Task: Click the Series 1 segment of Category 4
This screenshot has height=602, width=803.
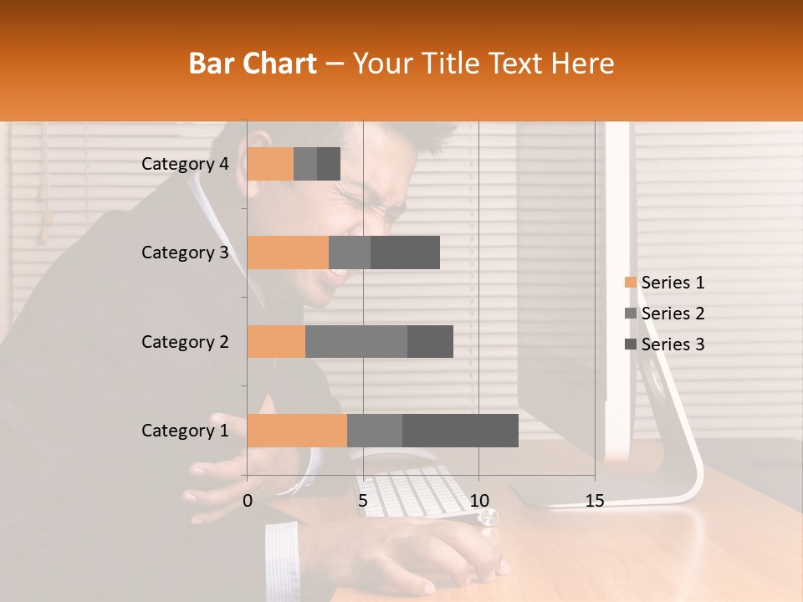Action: (x=270, y=164)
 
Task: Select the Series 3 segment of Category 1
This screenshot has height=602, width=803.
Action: (x=460, y=430)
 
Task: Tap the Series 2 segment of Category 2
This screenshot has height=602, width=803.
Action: (x=356, y=341)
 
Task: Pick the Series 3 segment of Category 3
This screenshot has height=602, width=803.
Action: (x=405, y=253)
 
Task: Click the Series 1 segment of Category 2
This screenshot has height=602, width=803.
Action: (x=276, y=341)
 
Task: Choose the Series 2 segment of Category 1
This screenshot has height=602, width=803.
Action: (x=375, y=430)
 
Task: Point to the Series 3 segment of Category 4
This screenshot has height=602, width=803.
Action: (x=329, y=164)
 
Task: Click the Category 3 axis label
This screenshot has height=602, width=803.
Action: (x=185, y=253)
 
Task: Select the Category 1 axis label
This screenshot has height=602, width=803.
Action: (x=185, y=431)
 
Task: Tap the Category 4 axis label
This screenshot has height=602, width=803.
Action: (x=185, y=164)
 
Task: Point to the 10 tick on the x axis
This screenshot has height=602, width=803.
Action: (x=478, y=501)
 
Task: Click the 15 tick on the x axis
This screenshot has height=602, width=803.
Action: (x=595, y=501)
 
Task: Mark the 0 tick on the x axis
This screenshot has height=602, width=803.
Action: (x=248, y=501)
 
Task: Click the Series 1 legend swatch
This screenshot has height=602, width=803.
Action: (x=631, y=283)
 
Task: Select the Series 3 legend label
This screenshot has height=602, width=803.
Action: (x=673, y=344)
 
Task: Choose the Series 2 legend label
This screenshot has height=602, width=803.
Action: (x=673, y=314)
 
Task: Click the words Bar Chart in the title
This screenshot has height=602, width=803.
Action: (x=253, y=64)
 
